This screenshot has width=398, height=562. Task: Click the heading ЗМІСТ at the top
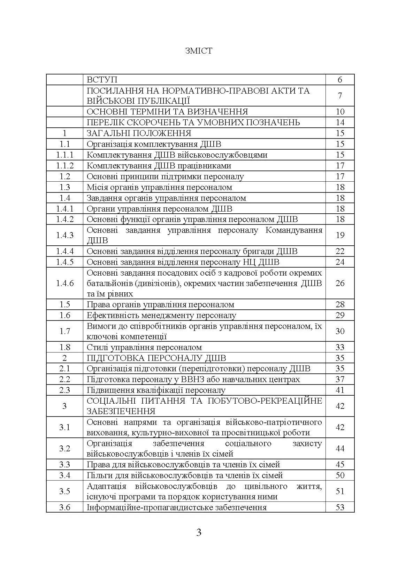point(199,51)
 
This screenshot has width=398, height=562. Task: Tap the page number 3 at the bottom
point(199,532)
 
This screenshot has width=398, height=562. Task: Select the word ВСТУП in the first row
point(102,80)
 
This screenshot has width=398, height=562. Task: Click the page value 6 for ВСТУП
point(340,80)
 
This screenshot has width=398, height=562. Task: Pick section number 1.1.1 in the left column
point(65,155)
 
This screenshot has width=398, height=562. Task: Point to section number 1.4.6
point(65,283)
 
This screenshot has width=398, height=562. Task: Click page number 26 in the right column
point(340,283)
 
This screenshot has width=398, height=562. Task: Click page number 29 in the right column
point(340,315)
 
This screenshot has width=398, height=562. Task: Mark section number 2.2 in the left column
point(65,379)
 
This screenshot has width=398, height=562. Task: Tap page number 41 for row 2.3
point(340,390)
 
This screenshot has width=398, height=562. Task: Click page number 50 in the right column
point(340,475)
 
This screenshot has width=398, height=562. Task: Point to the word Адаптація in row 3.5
point(106,486)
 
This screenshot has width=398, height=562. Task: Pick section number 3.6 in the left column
point(65,507)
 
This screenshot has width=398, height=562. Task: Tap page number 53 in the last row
point(340,507)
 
